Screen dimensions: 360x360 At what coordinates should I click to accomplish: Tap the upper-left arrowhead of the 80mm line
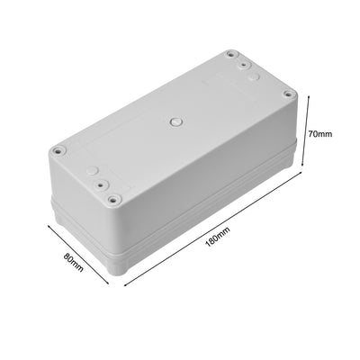pyautogui.click(x=46, y=226)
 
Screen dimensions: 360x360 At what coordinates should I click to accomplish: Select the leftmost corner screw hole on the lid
pyautogui.click(x=58, y=151)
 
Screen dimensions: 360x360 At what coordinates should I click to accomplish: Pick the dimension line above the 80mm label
pyautogui.click(x=76, y=253)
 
